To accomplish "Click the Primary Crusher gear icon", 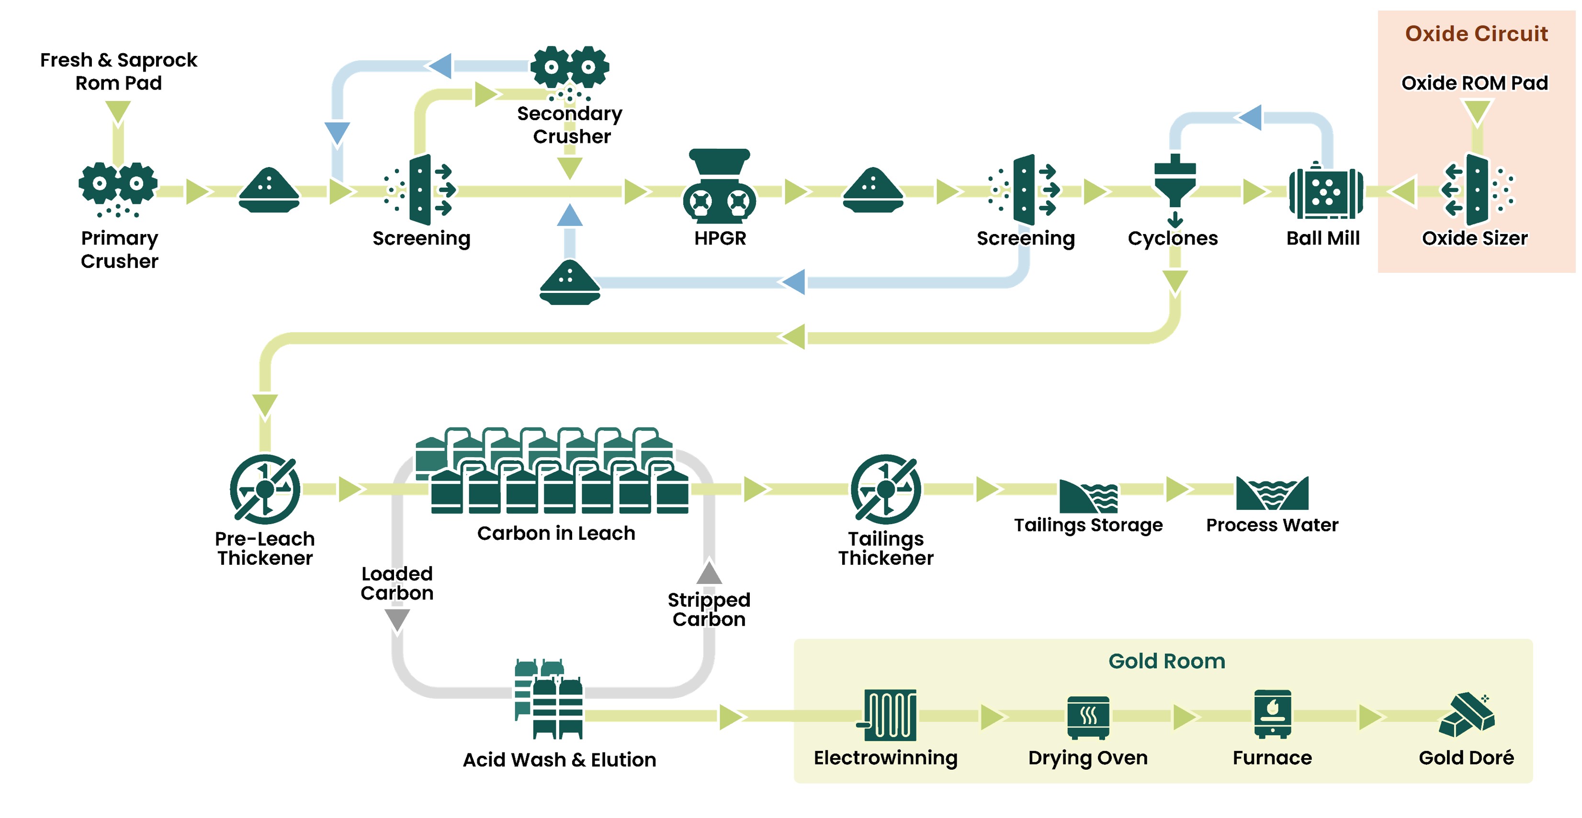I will click(118, 184).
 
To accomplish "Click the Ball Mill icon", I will click(1325, 191).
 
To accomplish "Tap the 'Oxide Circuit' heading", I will click(1476, 34).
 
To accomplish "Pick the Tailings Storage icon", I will click(1088, 495).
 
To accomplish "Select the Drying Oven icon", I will click(1088, 717).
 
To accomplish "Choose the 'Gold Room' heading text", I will click(1166, 661).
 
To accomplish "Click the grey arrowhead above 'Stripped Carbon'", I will click(709, 572).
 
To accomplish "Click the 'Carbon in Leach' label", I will click(556, 533).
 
